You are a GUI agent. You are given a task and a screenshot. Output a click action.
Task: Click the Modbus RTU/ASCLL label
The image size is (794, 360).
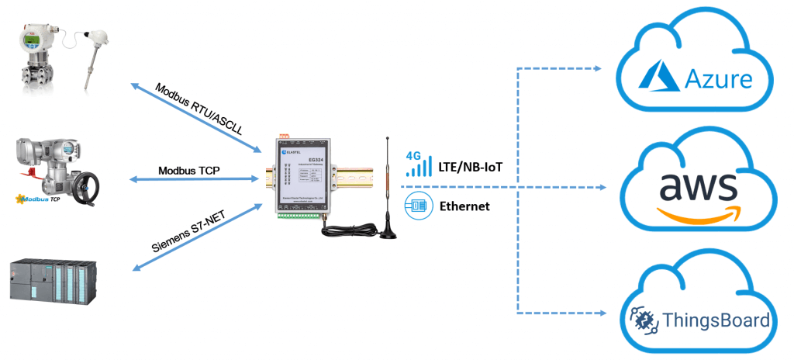point(198,107)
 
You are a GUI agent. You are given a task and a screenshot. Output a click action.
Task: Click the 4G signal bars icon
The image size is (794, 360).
point(419,164)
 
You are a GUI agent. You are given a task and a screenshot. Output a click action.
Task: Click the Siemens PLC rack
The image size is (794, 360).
point(53,280)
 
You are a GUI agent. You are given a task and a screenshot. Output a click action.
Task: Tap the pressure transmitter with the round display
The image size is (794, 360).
point(35,54)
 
